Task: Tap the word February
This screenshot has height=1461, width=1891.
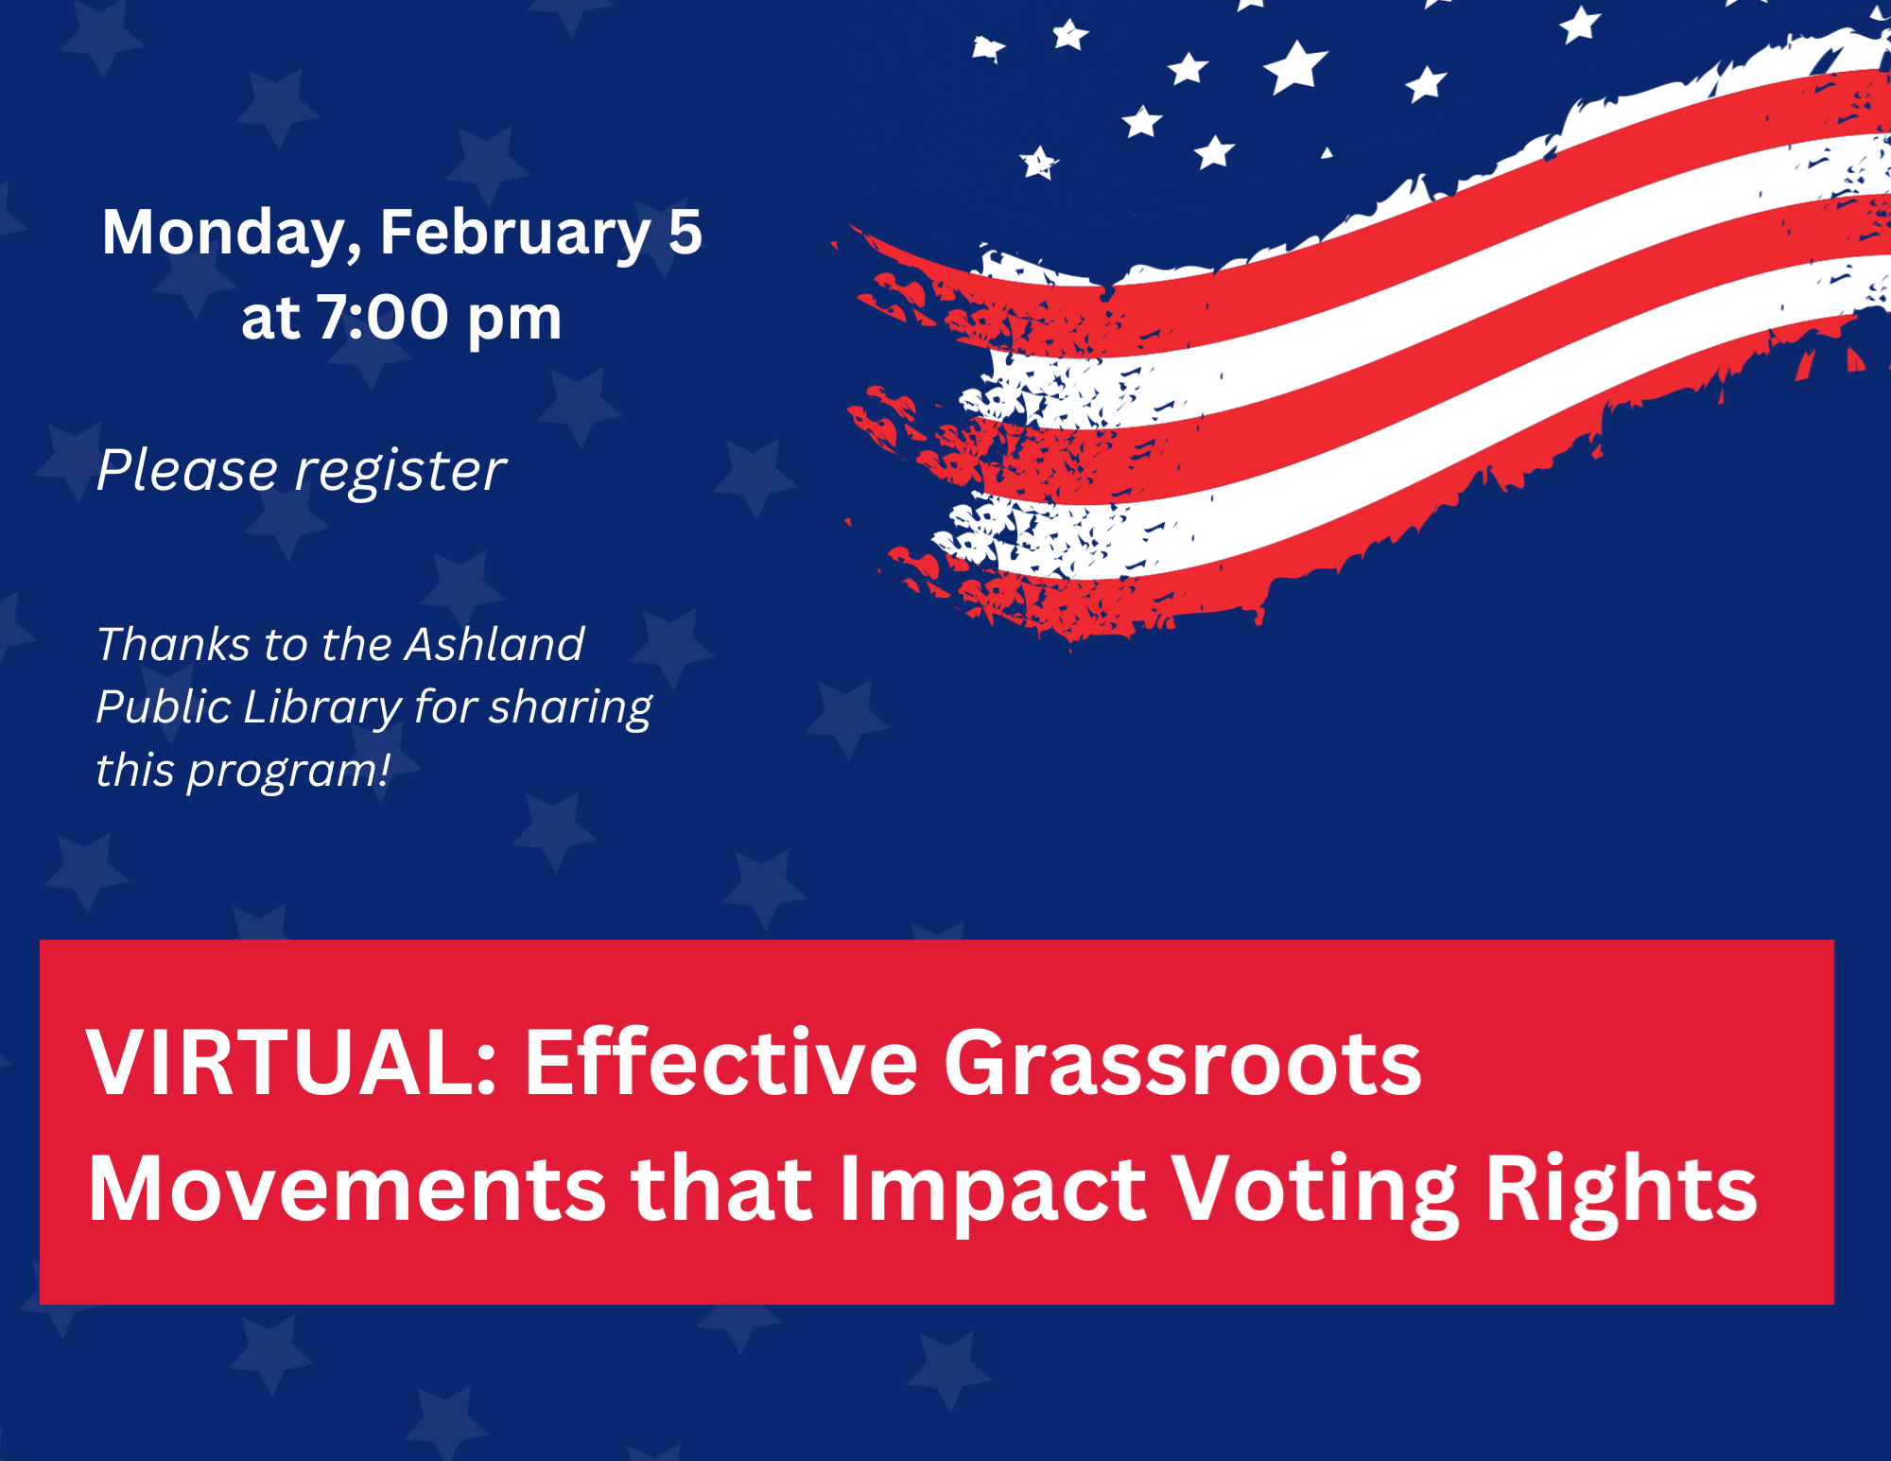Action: click(515, 234)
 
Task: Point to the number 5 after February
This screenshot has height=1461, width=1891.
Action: click(685, 232)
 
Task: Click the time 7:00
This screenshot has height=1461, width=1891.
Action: click(382, 317)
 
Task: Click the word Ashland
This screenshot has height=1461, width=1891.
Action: click(494, 644)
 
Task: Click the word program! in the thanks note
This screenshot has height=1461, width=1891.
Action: click(288, 772)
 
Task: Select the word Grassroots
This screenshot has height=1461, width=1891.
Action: click(1183, 1063)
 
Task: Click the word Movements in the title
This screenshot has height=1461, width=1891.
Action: click(347, 1190)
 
